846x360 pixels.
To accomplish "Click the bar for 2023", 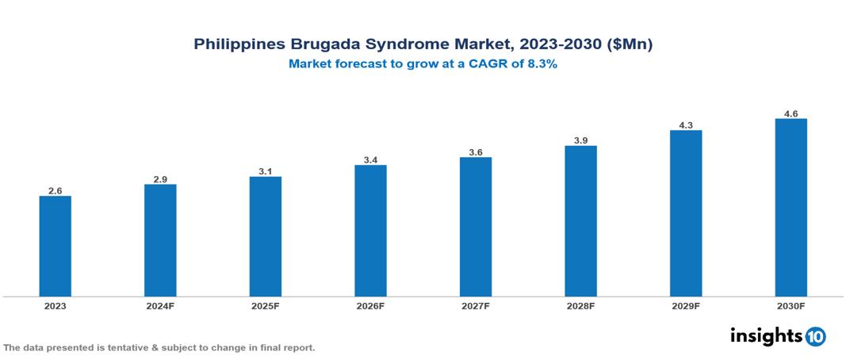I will [x=56, y=246].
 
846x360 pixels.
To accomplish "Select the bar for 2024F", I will [x=160, y=240].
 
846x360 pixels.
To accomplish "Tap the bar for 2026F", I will [x=370, y=231].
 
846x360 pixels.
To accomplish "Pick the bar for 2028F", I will [x=580, y=221].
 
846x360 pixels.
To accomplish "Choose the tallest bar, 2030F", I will [x=790, y=208].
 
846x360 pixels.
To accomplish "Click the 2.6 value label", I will [x=56, y=190].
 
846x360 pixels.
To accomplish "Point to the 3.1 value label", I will [x=266, y=170].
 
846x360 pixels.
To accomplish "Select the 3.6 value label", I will [x=476, y=151].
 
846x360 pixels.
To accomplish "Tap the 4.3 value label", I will [x=686, y=124].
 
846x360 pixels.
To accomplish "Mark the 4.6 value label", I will [x=790, y=113].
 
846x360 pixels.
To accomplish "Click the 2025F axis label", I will [x=266, y=305].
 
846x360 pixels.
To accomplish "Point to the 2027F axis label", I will [x=476, y=305].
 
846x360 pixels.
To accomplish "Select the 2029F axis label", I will [x=686, y=305].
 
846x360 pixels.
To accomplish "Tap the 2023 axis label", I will [x=56, y=305].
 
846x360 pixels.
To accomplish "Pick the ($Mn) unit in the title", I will [x=630, y=44].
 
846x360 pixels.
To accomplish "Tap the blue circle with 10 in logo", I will [x=815, y=336].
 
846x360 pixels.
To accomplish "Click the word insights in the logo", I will [x=766, y=335].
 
